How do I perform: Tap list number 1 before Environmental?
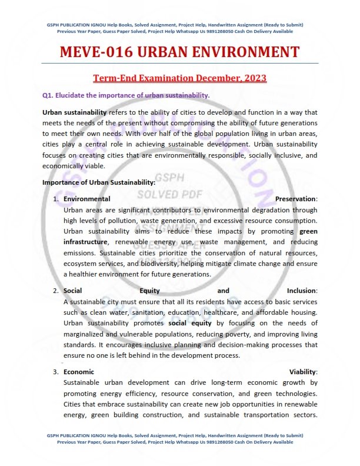pos(56,199)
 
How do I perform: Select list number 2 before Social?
pos(56,291)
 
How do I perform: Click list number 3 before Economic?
pos(56,372)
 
